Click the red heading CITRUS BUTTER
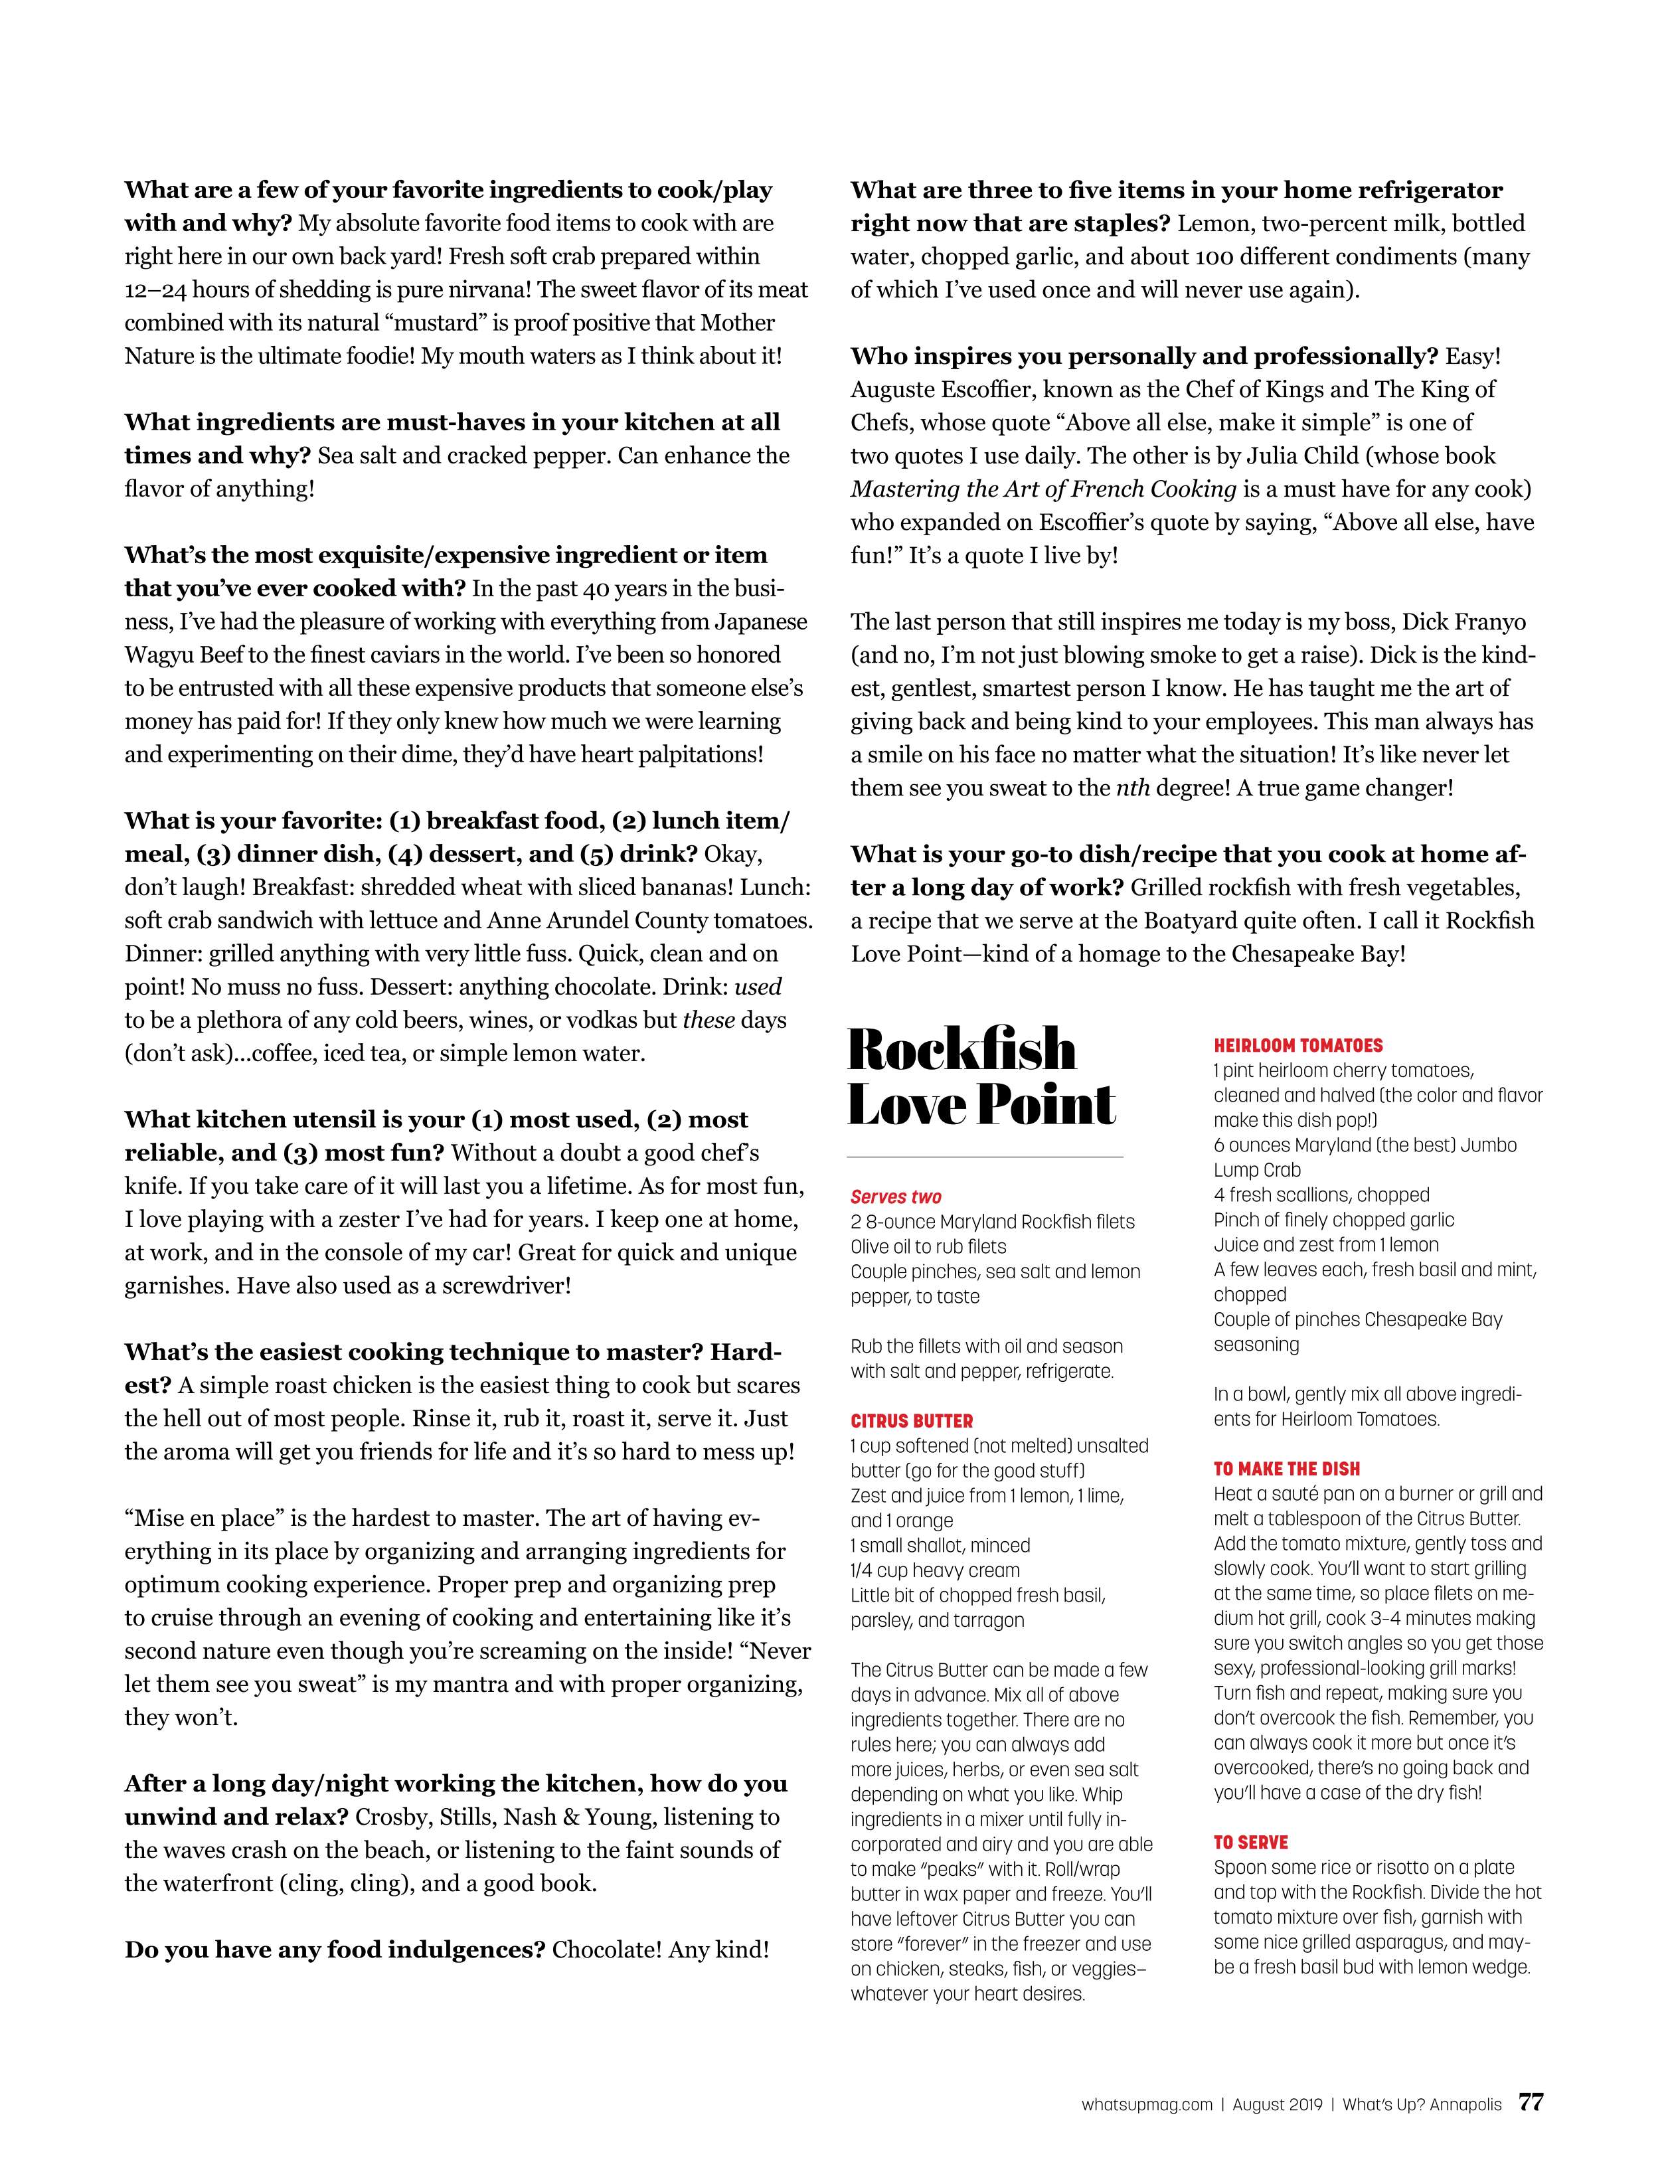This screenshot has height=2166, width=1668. point(911,1420)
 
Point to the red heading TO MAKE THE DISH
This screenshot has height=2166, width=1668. point(1286,1469)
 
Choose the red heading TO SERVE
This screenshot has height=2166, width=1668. point(1250,1842)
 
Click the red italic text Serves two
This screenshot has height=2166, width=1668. point(896,1196)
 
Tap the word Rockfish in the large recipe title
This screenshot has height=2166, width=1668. point(962,1049)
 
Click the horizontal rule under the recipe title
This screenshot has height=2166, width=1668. point(985,1157)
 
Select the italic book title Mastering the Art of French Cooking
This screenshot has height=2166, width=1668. point(1043,489)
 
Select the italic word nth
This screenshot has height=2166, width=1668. point(1133,788)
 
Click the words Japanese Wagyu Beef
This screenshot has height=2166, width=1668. point(684,622)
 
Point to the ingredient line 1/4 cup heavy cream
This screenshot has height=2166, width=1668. point(934,1570)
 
